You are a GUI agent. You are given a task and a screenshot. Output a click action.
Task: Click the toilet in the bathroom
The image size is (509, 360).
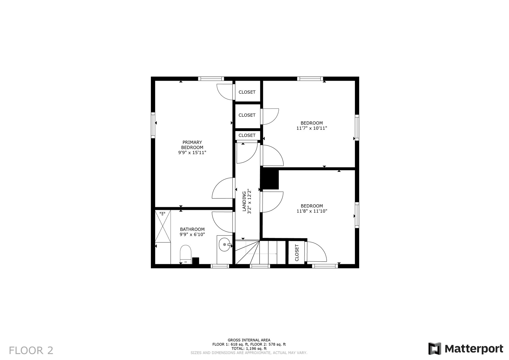(186, 254)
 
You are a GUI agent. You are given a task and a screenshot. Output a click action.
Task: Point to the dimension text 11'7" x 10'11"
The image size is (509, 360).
(311, 128)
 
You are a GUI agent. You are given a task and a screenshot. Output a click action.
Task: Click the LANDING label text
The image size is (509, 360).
(244, 201)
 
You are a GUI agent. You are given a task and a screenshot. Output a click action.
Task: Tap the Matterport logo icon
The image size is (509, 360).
(435, 349)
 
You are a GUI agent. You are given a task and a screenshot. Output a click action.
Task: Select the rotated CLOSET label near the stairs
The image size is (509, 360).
(297, 253)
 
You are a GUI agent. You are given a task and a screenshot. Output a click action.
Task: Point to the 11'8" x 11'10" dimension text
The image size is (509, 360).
(312, 211)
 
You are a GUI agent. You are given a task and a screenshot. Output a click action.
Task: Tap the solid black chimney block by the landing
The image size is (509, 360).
(270, 180)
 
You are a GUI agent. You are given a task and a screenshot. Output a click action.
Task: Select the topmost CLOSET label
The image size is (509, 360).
(247, 92)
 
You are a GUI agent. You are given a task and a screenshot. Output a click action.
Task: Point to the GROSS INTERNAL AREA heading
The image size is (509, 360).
(249, 340)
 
